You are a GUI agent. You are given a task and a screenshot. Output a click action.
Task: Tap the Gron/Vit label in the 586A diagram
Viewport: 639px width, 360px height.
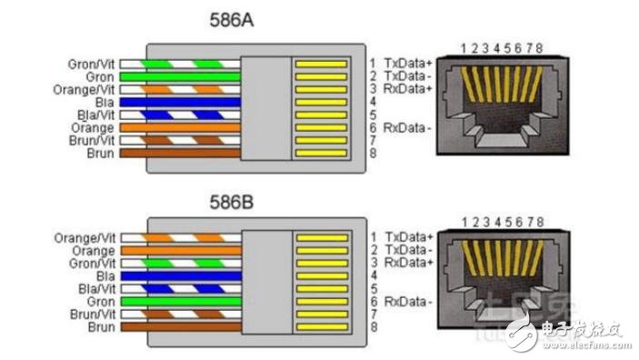pyautogui.click(x=91, y=65)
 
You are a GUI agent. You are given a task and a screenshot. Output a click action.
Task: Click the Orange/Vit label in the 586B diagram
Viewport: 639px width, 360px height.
pyautogui.click(x=86, y=237)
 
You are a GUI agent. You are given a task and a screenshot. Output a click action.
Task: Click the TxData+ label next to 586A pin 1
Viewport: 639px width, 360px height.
pyautogui.click(x=409, y=63)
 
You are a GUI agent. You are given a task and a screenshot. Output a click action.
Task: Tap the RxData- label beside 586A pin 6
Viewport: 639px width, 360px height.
pyautogui.click(x=408, y=126)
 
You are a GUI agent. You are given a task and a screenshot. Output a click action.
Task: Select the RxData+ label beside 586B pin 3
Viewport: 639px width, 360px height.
pyautogui.click(x=409, y=262)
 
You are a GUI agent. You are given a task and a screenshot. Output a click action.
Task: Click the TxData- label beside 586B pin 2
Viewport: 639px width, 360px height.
pyautogui.click(x=409, y=249)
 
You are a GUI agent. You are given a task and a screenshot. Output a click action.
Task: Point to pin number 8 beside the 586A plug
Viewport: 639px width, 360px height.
pyautogui.click(x=372, y=153)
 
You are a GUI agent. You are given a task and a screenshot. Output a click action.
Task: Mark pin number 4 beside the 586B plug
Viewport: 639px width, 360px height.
pyautogui.click(x=372, y=275)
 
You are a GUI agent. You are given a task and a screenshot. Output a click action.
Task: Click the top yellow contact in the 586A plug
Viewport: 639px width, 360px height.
pyautogui.click(x=320, y=65)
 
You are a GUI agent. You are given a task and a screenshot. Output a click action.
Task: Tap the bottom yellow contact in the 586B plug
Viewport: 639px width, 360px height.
pyautogui.click(x=320, y=325)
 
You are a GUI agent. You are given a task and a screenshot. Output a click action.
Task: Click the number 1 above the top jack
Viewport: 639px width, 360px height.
pyautogui.click(x=464, y=47)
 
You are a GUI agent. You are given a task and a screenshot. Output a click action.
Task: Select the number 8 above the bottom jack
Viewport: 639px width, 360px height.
pyautogui.click(x=540, y=222)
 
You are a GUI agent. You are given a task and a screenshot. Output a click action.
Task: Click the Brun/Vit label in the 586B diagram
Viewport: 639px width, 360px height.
pyautogui.click(x=93, y=313)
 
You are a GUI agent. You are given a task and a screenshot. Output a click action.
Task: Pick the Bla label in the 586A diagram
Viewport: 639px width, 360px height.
pyautogui.click(x=105, y=103)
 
